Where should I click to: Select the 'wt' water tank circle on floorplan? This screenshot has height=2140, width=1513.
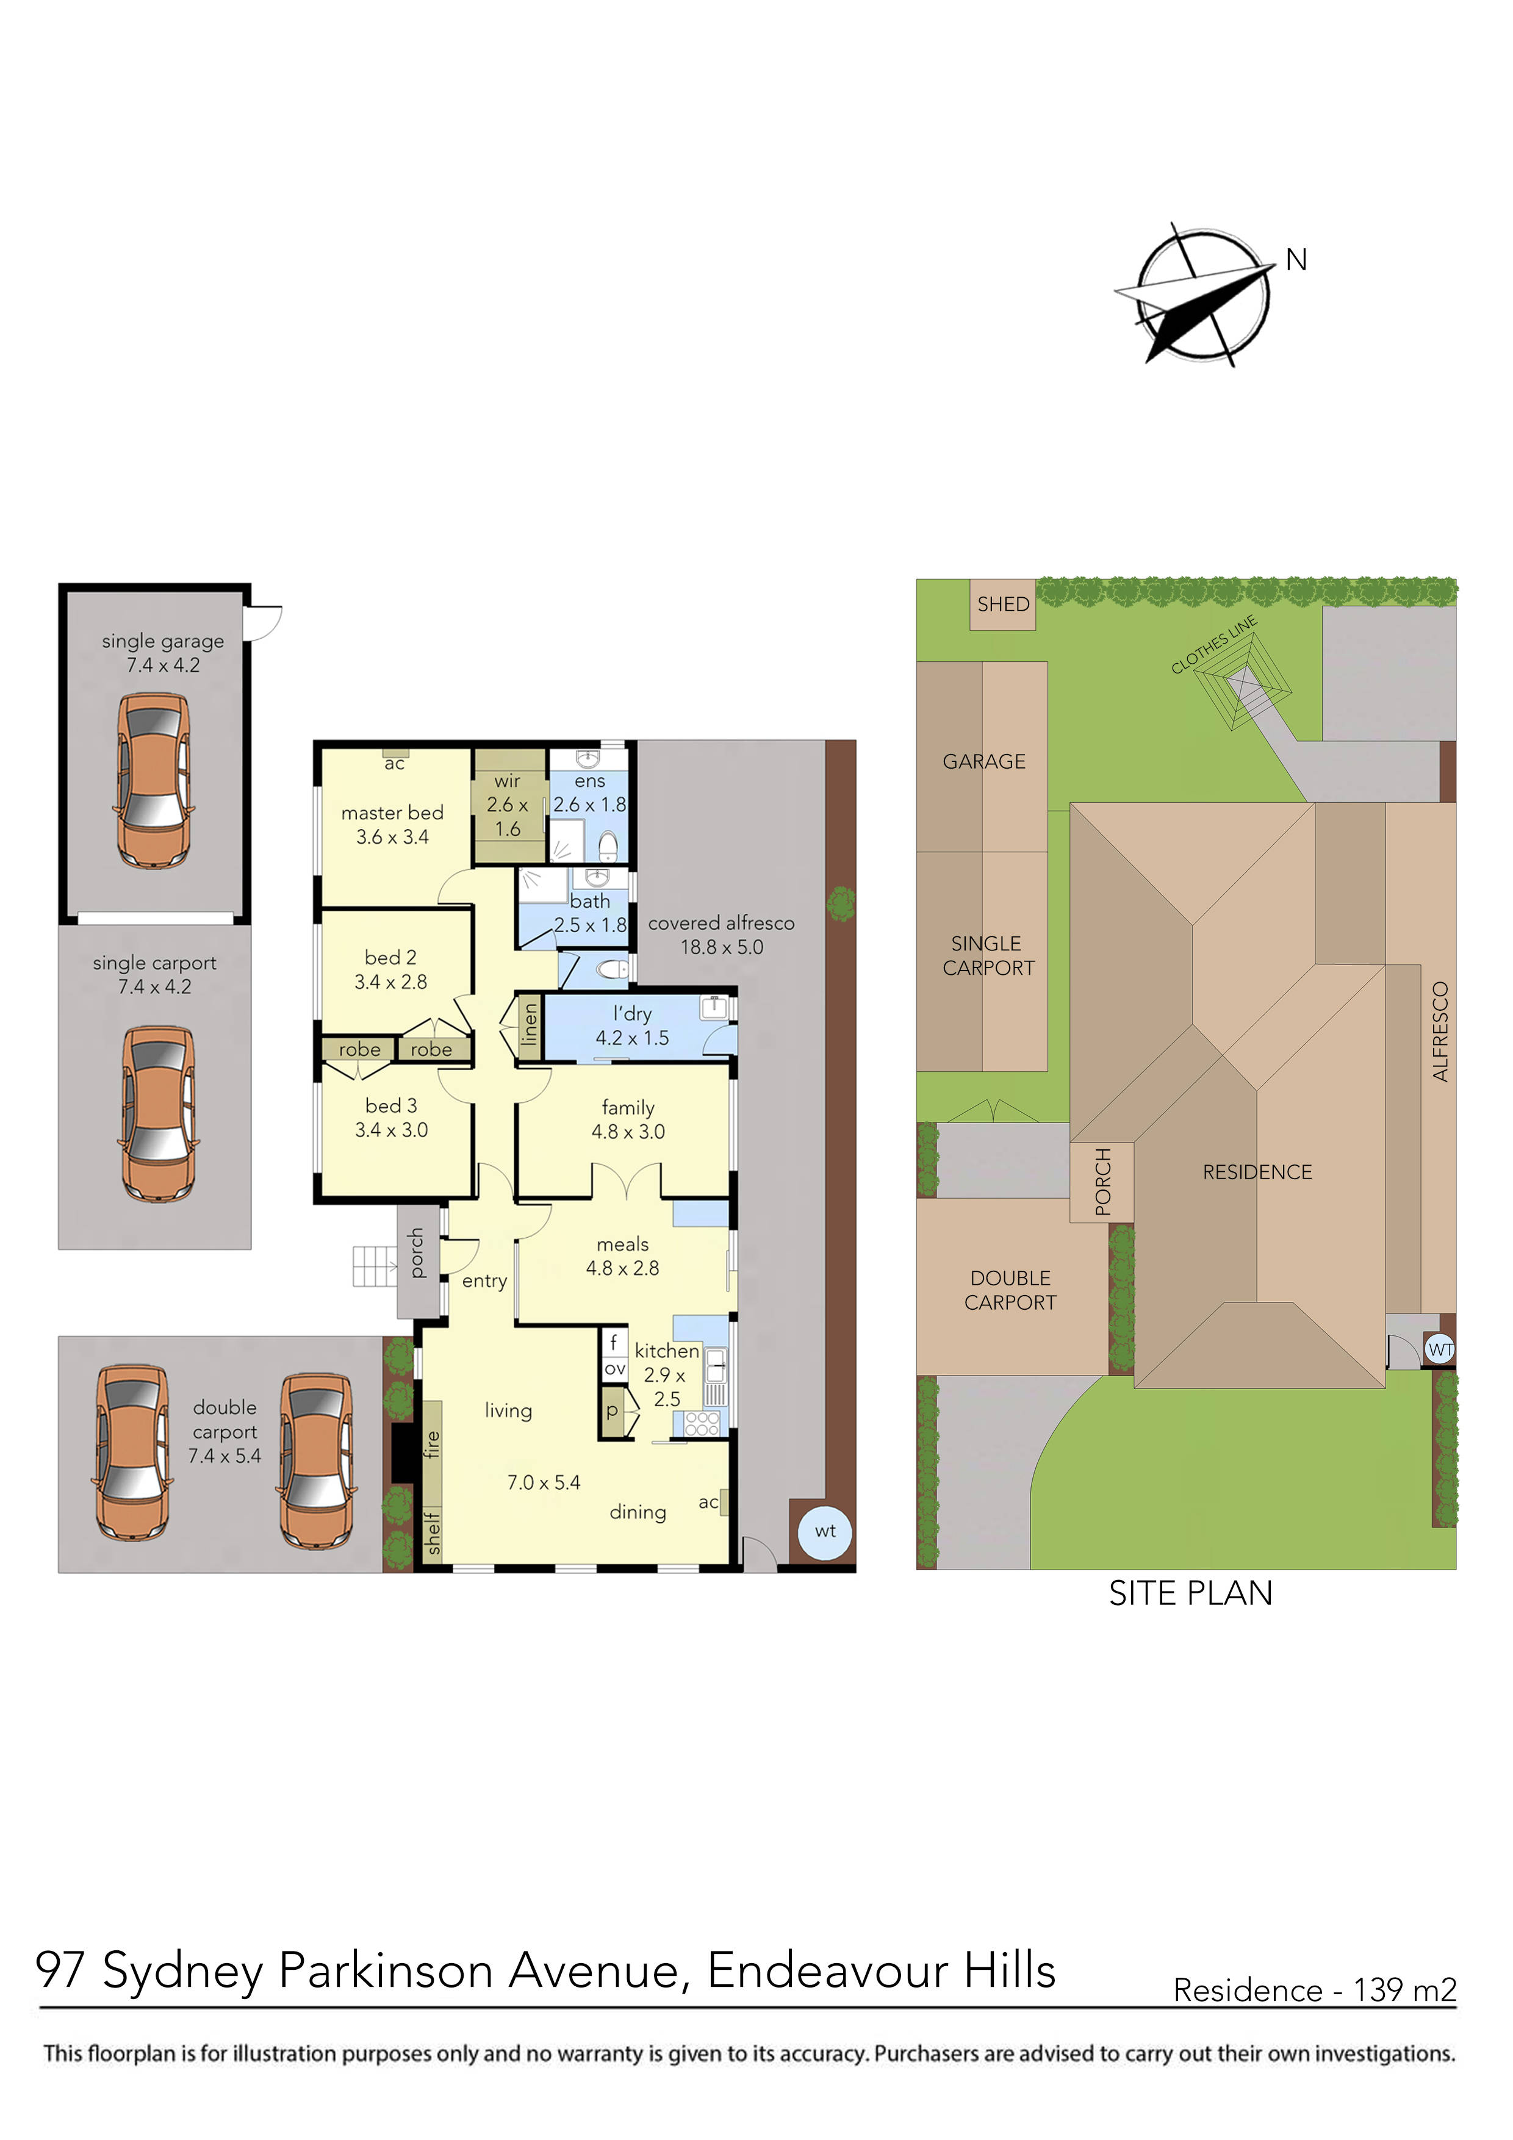(x=825, y=1531)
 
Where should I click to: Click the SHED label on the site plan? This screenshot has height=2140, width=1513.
(x=1003, y=604)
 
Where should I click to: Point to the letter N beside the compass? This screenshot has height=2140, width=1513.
(x=1296, y=260)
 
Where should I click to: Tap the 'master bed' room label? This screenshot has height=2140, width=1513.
(x=392, y=813)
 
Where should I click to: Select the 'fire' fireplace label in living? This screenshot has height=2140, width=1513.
(x=431, y=1444)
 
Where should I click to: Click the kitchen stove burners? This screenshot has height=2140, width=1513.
(x=702, y=1423)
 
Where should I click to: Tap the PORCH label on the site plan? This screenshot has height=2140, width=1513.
(x=1102, y=1182)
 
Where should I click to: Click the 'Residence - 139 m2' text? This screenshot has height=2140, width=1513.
(x=1314, y=1990)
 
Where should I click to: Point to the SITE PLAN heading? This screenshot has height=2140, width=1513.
(x=1190, y=1593)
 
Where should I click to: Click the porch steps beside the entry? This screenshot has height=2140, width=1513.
(x=374, y=1266)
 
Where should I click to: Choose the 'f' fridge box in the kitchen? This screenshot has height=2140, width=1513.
(x=613, y=1342)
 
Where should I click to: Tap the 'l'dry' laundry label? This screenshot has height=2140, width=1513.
(x=632, y=1014)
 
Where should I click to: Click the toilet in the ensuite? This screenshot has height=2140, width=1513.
(x=608, y=846)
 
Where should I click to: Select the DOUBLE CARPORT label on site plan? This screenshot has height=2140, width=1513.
(x=1010, y=1290)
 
